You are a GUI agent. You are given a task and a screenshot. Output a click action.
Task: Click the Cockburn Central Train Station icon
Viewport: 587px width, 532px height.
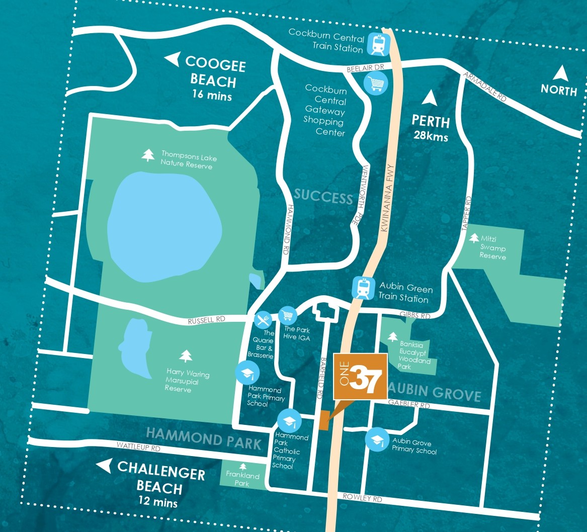378,44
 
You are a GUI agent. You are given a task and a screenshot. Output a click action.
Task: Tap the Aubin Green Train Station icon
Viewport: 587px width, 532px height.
363,288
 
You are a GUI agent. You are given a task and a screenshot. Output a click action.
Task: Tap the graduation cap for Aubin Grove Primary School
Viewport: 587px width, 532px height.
377,438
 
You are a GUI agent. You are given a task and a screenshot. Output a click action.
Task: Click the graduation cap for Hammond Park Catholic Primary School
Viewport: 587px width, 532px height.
289,420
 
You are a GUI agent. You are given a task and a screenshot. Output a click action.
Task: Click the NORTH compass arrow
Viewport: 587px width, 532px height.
560,74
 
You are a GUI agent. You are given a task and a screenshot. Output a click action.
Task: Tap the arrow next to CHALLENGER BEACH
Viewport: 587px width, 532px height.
104,466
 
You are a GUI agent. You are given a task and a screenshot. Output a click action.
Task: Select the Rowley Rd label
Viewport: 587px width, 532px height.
362,498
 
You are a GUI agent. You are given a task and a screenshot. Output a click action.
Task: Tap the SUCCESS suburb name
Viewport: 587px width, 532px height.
323,196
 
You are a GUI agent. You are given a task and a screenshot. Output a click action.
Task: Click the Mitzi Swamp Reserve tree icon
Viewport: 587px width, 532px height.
474,238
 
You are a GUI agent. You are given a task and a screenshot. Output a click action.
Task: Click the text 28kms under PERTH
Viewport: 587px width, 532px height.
431,136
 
